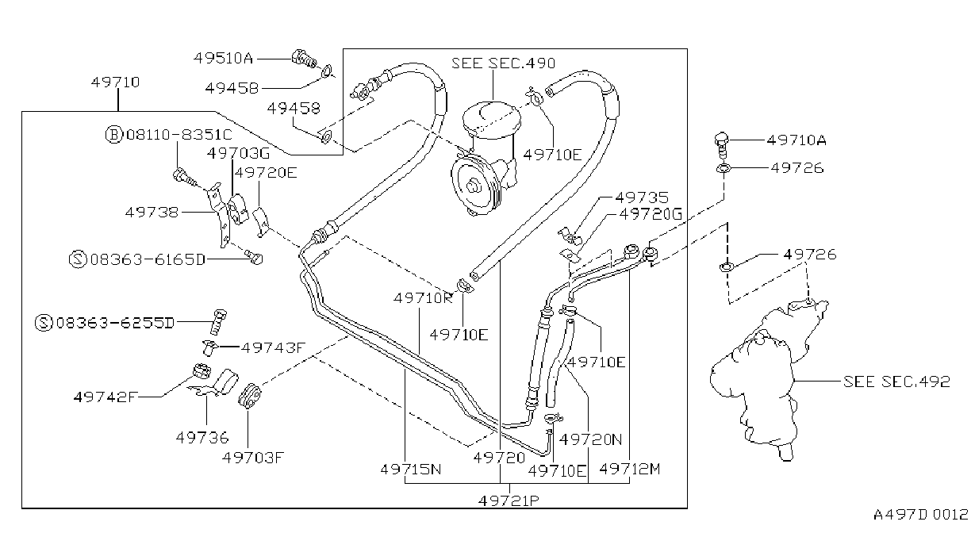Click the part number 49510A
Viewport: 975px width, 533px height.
[223, 58]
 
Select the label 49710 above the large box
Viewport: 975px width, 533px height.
[115, 82]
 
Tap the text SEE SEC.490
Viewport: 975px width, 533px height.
[503, 63]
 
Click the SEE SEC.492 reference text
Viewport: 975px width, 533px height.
[896, 382]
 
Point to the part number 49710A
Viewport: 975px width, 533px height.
[797, 140]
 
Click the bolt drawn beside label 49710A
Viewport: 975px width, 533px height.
[722, 145]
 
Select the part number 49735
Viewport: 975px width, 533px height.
[642, 197]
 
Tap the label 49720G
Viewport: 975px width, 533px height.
[651, 214]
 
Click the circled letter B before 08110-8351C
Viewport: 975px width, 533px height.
[114, 135]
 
